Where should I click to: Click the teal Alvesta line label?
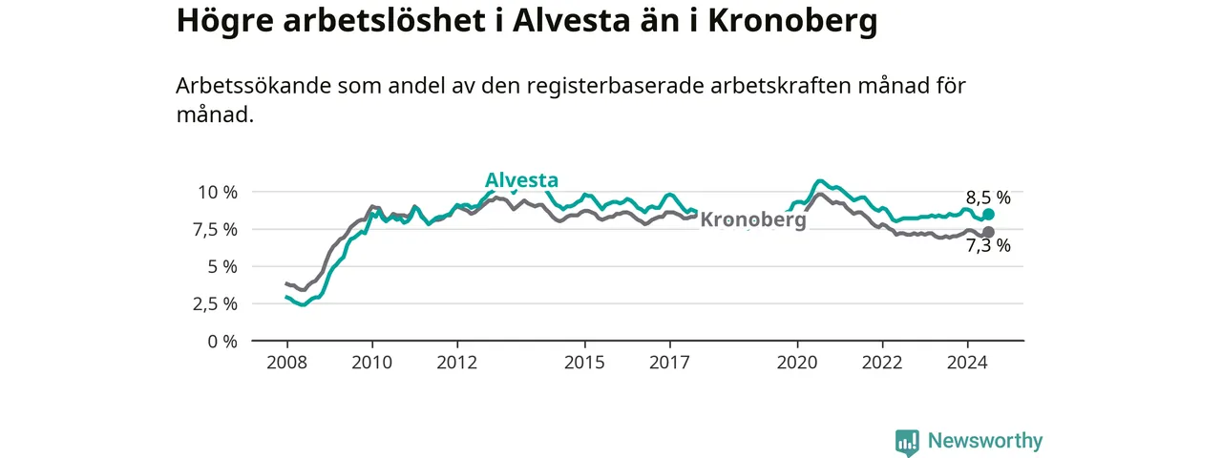[521, 180]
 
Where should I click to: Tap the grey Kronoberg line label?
[753, 219]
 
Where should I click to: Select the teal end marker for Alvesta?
[988, 215]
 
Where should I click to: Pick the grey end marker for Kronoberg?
[988, 232]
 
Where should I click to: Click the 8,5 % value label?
[988, 198]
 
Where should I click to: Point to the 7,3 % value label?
[988, 246]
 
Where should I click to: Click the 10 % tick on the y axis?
[218, 193]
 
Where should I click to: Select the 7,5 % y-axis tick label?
[215, 230]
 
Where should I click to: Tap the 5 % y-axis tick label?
[222, 266]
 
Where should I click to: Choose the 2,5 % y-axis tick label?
[215, 303]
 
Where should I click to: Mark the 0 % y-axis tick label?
[222, 342]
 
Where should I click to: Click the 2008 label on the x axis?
[287, 363]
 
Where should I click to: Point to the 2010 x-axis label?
[372, 363]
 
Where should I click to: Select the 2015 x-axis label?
[585, 363]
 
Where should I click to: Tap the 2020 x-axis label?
[797, 363]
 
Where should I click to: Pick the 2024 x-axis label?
[967, 363]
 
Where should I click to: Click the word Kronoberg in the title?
[792, 22]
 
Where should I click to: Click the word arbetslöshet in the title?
[384, 21]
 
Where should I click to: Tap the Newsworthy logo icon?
[907, 442]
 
